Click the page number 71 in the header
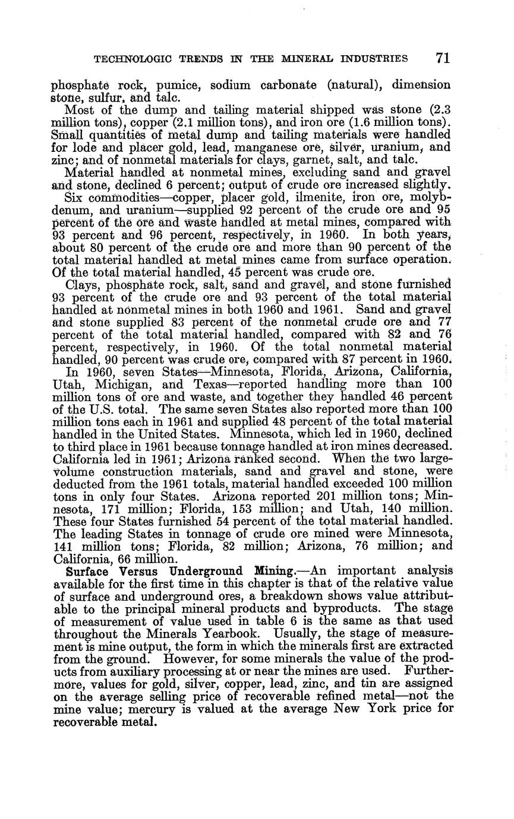tap(442, 58)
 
